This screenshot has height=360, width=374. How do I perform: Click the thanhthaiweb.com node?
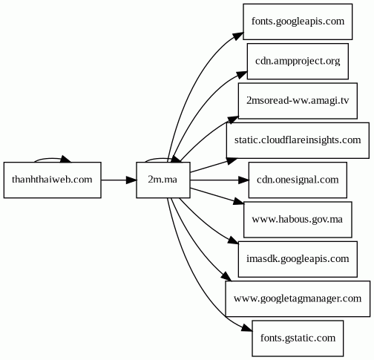pos(53,180)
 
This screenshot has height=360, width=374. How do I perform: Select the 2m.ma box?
pos(163,180)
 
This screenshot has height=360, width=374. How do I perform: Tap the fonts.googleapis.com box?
pos(298,22)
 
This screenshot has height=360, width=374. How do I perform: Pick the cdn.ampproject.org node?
pos(298,62)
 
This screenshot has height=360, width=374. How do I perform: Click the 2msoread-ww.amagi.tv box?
pos(298,101)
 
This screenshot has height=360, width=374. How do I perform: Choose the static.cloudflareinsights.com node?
pos(298,140)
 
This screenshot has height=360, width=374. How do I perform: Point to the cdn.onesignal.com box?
pos(298,180)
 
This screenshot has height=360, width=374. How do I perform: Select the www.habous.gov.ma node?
pos(298,220)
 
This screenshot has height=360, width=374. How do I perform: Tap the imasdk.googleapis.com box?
pos(298,259)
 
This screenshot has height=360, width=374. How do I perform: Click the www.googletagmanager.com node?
pos(298,299)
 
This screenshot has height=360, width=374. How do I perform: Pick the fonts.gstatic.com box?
pos(298,338)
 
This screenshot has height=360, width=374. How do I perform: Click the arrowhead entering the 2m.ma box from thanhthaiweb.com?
pos(131,180)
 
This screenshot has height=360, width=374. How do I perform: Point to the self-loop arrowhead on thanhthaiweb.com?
pos(66,160)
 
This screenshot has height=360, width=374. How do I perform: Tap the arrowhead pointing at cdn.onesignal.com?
pos(243,180)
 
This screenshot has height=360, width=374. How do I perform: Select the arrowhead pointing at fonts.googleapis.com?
pos(238,36)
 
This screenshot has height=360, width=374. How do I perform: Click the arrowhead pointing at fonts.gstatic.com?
pos(247,328)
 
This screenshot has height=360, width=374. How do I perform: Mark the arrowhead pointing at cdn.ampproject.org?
pos(242,74)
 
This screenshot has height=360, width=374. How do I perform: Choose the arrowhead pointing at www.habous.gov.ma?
pos(239,201)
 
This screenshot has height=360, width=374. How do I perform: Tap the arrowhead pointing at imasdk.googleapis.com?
pos(234,240)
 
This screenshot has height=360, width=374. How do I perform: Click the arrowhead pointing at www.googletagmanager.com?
pos(226,277)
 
